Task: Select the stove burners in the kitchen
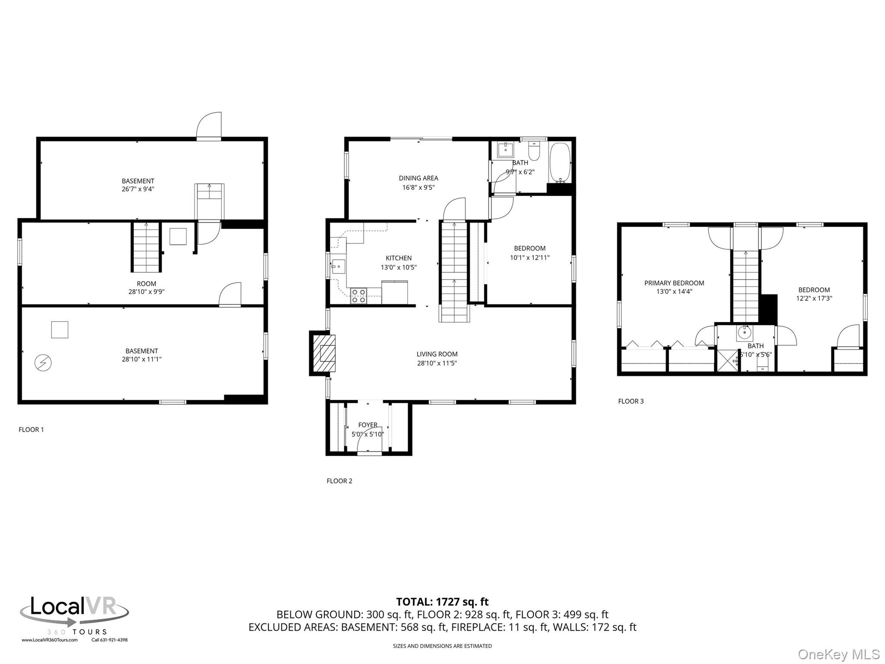[358, 296]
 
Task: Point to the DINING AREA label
[418, 178]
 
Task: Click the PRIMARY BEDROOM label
[674, 283]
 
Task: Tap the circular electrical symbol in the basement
[43, 363]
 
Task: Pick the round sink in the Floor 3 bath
[744, 333]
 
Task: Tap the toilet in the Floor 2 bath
[534, 151]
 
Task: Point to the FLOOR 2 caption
[339, 481]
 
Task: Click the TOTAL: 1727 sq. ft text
[442, 602]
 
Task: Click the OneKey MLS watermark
[838, 654]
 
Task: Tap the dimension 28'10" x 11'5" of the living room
[437, 363]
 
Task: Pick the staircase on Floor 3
[746, 285]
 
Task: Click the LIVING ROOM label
[437, 354]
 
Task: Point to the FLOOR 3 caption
[630, 401]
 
